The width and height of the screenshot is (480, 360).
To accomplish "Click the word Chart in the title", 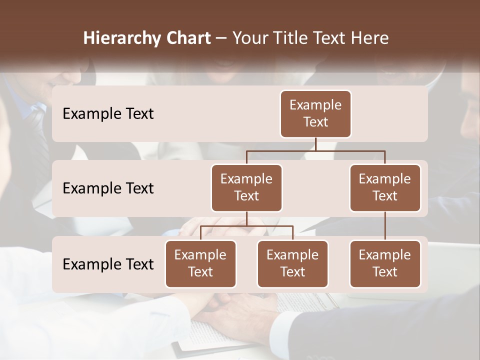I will [186, 38].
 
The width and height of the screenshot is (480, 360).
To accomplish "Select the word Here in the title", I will [370, 38].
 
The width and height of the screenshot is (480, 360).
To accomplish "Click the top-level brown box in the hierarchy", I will [315, 114].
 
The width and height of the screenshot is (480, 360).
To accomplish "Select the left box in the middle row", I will [246, 188].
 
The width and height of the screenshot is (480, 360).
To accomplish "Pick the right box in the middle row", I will [385, 188].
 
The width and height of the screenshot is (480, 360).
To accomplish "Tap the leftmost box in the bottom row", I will [200, 264].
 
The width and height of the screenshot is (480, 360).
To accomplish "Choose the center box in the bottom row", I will [292, 264].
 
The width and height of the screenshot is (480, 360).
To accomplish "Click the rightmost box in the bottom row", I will [385, 264].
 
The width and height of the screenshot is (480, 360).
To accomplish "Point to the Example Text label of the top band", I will [108, 114].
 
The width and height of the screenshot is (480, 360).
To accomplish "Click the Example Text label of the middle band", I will [108, 188].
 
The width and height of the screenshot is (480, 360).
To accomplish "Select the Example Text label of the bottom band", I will [108, 264].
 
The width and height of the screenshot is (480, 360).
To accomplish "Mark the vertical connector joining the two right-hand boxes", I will [385, 226].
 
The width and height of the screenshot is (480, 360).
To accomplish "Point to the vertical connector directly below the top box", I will [315, 144].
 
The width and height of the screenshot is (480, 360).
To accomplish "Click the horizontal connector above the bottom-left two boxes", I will [246, 226].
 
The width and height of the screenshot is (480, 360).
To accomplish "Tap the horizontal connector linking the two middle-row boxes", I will [315, 150].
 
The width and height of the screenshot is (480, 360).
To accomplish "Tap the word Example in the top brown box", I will [315, 105].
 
